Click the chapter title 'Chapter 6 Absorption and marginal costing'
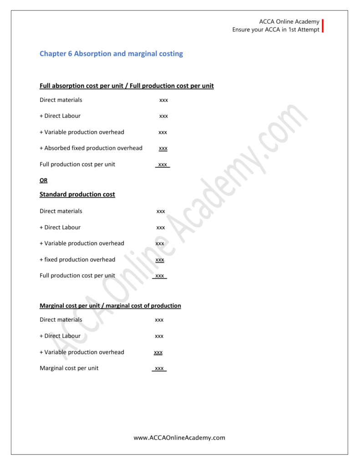[111, 54]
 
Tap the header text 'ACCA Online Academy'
[289, 22]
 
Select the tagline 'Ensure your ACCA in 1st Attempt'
[276, 30]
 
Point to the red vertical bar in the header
[323, 26]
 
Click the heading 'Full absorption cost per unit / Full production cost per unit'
[127, 86]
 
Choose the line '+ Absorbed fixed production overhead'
[91, 148]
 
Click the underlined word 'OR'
[43, 180]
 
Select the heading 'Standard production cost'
[77, 194]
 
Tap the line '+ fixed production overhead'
[77, 259]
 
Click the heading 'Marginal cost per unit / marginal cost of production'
[110, 306]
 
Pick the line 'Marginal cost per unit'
[69, 368]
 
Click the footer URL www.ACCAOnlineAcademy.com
[179, 438]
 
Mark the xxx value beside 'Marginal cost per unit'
[159, 369]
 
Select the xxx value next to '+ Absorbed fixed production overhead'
[163, 148]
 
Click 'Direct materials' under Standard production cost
[61, 211]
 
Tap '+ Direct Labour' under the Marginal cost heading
[60, 336]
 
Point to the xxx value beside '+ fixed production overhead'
[160, 260]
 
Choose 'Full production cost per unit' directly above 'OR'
[77, 164]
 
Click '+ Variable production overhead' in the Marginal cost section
[82, 352]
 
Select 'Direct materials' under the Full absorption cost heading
[61, 100]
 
